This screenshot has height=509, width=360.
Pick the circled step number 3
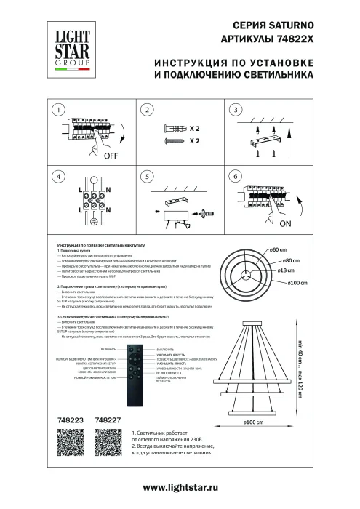234,111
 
